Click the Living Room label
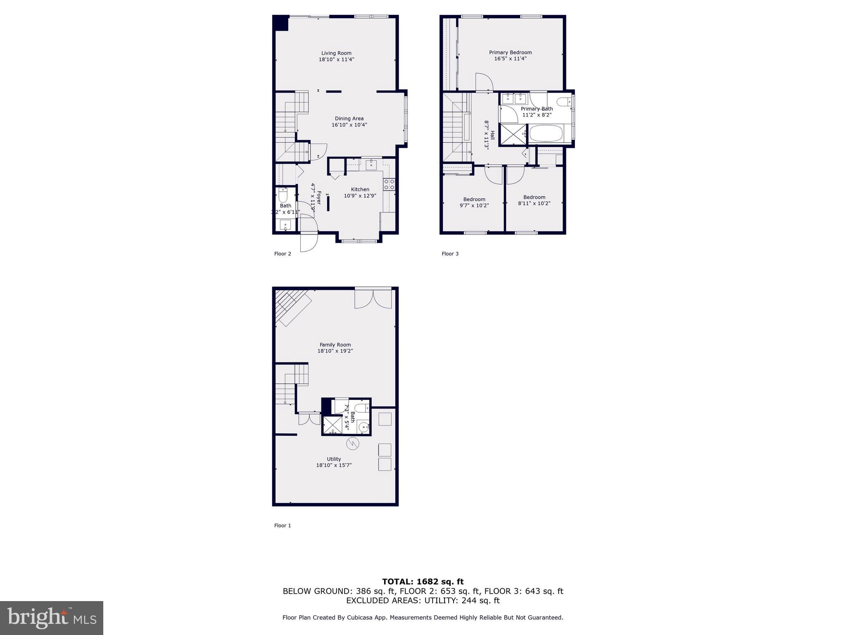pos(336,53)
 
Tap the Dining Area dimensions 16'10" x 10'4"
pos(349,125)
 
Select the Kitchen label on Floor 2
pos(360,189)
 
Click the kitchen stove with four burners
pos(389,184)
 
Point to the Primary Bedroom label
pos(510,53)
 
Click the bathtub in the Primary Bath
pos(546,134)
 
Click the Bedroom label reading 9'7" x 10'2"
pos(474,202)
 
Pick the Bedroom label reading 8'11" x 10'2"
pos(534,200)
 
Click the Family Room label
pos(335,345)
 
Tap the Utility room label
pos(334,459)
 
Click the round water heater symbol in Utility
pos(353,444)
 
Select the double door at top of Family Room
pos(373,298)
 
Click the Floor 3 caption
pos(450,254)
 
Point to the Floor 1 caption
pos(283,525)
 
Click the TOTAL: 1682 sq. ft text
pos(423,582)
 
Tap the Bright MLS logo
pos(52,618)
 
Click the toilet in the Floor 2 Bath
pos(283,195)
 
